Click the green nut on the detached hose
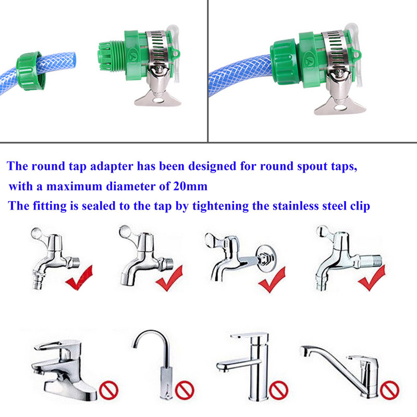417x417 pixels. pyautogui.click(x=30, y=71)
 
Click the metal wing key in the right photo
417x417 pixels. pyautogui.click(x=340, y=106)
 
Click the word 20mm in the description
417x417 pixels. pyautogui.click(x=190, y=186)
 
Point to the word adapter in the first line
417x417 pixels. pyautogui.click(x=112, y=167)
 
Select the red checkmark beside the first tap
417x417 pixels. pyautogui.click(x=79, y=277)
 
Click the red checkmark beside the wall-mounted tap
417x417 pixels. pyautogui.click(x=272, y=279)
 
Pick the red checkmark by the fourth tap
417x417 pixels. pyautogui.click(x=372, y=278)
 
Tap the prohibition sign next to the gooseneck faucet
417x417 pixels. pyautogui.click(x=185, y=390)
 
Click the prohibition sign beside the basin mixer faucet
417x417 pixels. pyautogui.click(x=108, y=390)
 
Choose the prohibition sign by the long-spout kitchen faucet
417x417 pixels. pyautogui.click(x=389, y=390)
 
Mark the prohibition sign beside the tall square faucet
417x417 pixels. pyautogui.click(x=278, y=390)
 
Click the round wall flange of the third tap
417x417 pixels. pyautogui.click(x=266, y=258)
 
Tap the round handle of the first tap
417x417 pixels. pyautogui.click(x=36, y=234)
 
